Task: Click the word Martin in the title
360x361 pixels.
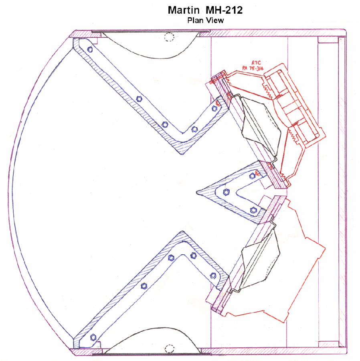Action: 184,10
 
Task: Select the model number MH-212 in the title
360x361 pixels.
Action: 224,10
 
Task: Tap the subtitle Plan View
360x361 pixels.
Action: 205,20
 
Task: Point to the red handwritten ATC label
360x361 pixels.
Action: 256,63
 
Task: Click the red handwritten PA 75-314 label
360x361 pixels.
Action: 253,68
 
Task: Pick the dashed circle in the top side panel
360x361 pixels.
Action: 169,37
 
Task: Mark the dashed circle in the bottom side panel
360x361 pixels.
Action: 170,349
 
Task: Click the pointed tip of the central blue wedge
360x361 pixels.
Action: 197,193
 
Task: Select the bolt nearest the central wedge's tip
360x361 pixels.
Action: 227,192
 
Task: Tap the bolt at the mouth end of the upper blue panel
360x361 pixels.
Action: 90,49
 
